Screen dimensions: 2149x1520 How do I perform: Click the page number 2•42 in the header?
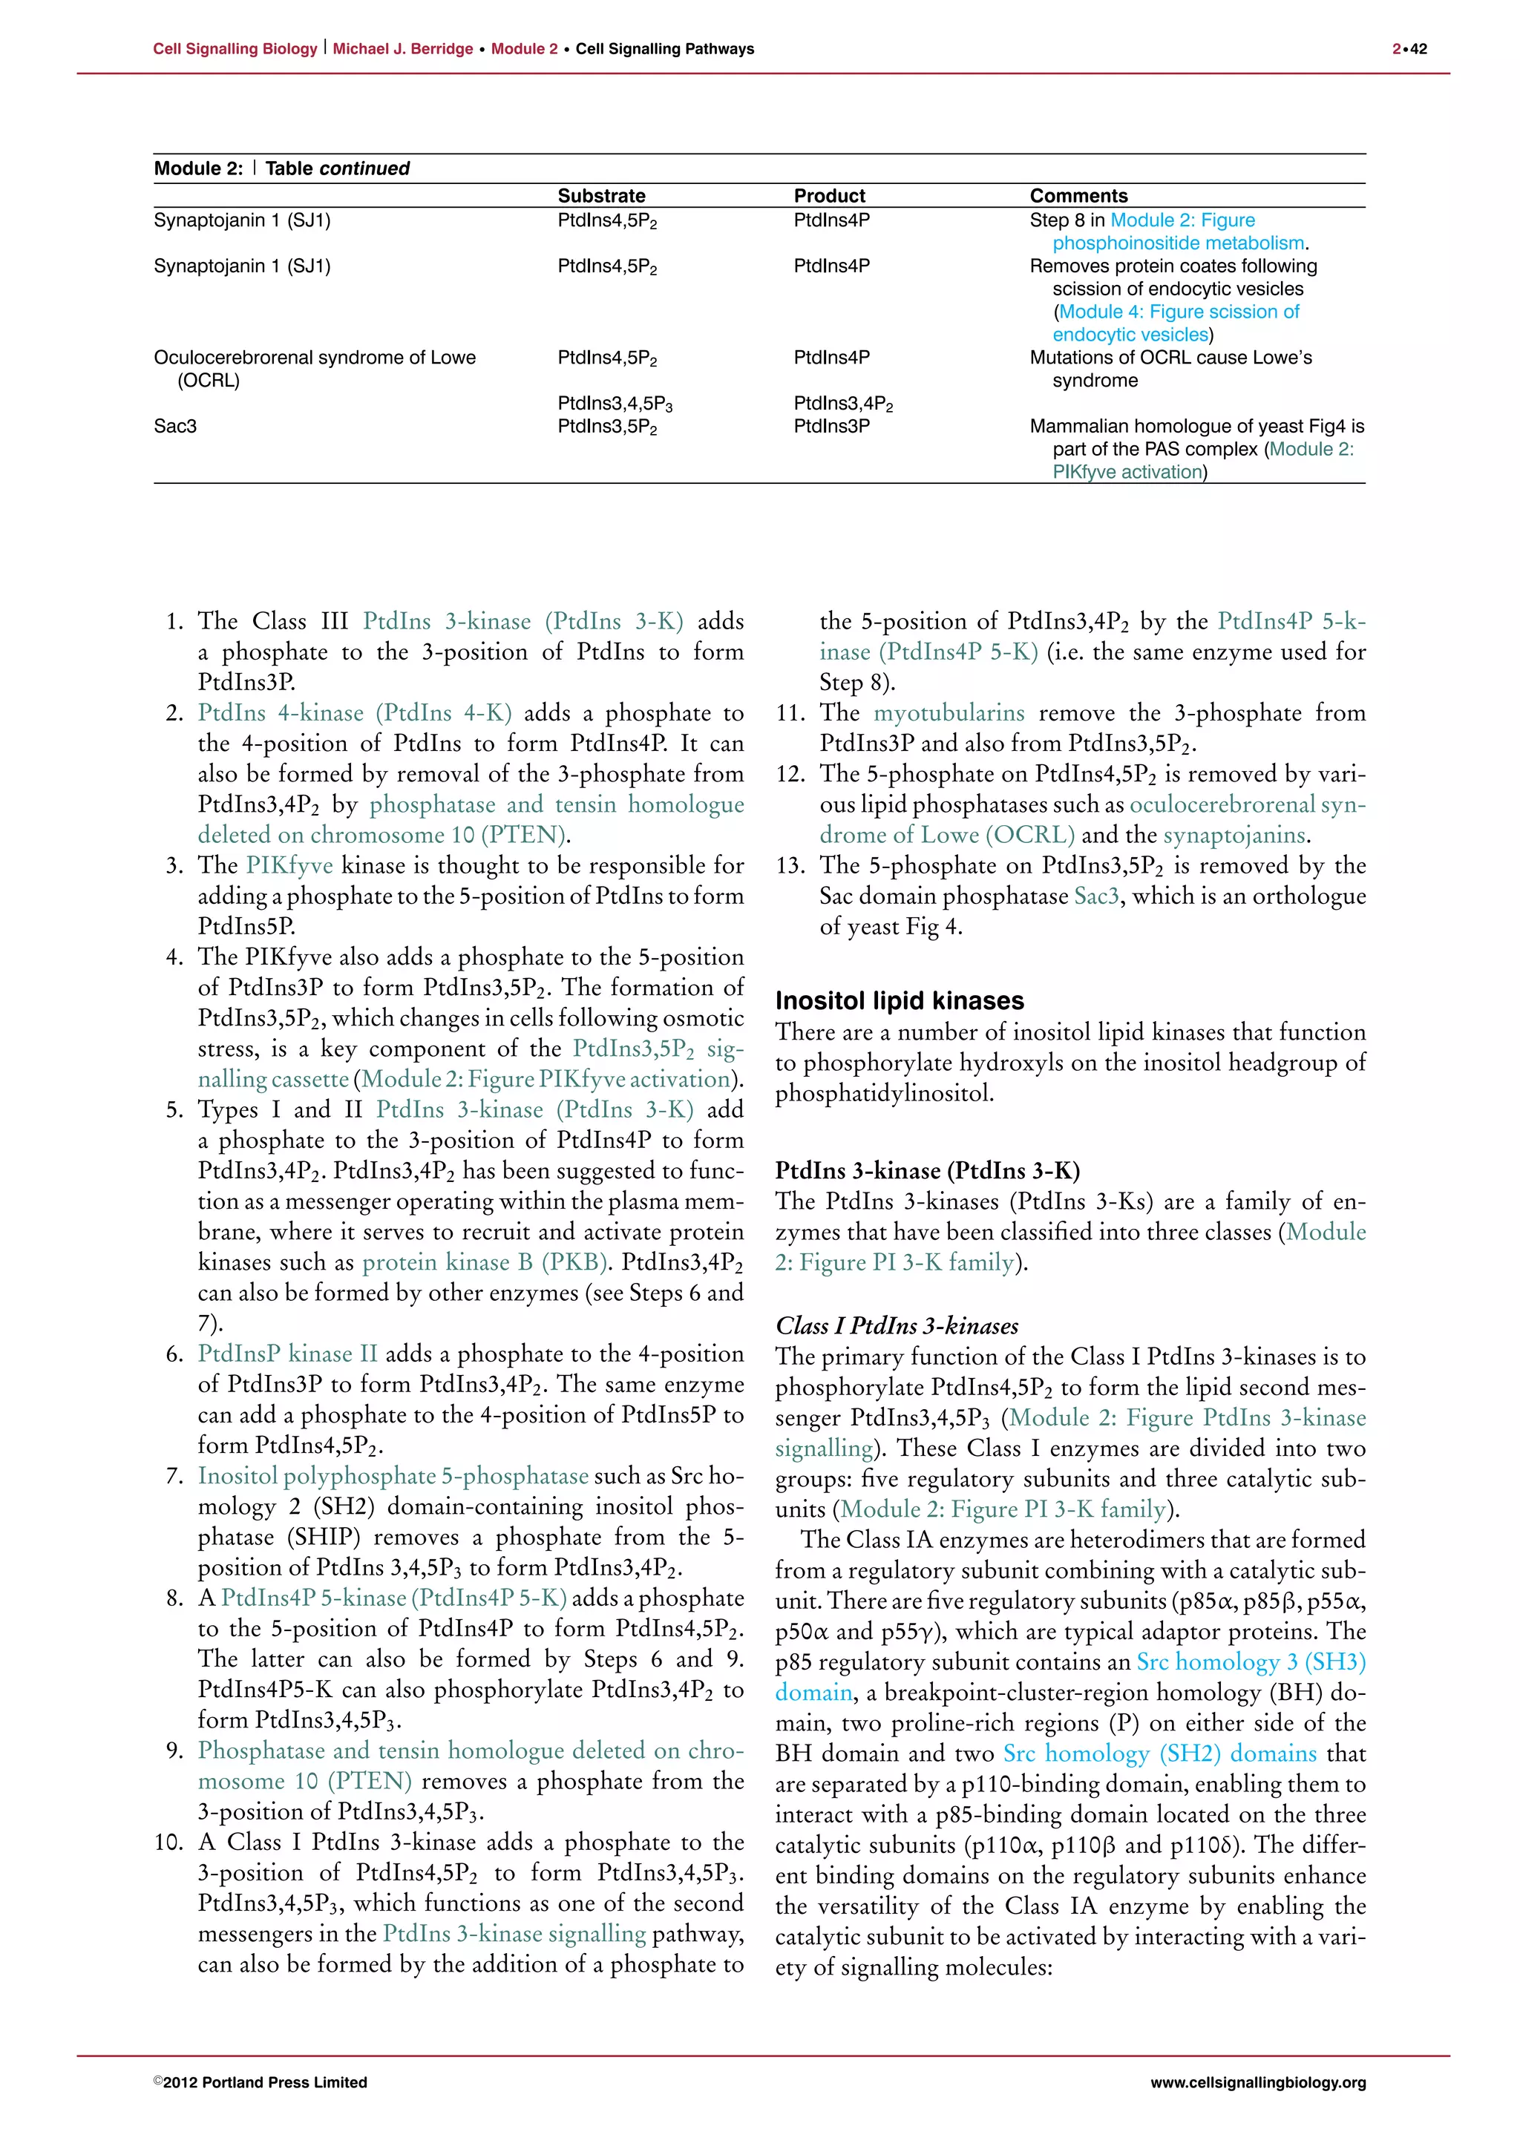coord(1409,49)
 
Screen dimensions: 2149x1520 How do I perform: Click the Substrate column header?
coord(601,196)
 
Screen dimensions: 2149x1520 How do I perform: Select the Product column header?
coord(829,196)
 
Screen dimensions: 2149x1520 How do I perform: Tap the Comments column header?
coord(1078,196)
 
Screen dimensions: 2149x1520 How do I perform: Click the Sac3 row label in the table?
coord(175,426)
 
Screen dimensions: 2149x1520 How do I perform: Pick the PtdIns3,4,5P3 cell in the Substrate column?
coord(615,404)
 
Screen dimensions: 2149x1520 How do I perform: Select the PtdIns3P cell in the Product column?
coord(831,426)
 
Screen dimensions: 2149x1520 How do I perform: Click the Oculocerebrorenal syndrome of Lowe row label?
coord(315,358)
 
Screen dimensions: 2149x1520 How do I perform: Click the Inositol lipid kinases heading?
coord(900,1000)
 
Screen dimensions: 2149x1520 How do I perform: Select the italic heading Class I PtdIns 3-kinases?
coord(897,1325)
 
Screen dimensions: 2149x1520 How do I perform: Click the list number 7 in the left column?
coord(174,1476)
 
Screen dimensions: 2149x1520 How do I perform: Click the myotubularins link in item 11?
coord(949,712)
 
